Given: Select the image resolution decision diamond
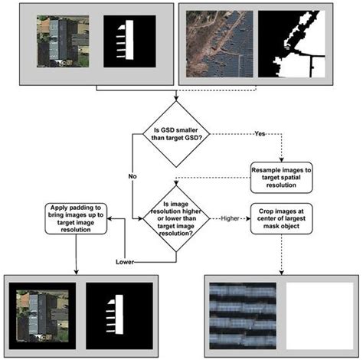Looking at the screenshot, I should pyautogui.click(x=178, y=216).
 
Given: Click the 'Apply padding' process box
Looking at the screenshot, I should pyautogui.click(x=74, y=217).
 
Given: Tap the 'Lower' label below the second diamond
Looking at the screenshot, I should pyautogui.click(x=124, y=261).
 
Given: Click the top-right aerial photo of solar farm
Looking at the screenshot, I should pyautogui.click(x=217, y=44).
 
